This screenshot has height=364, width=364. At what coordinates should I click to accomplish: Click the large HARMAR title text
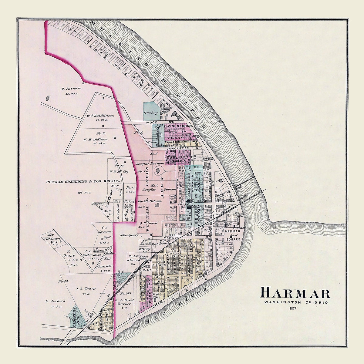[x=295, y=294]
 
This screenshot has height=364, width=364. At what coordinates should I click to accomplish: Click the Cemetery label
[x=151, y=113]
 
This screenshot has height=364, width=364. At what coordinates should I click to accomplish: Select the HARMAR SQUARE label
[x=233, y=235]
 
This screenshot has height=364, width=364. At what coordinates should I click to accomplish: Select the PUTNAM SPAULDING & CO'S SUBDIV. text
[x=83, y=182]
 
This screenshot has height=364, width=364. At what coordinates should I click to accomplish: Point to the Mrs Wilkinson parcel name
[x=55, y=234]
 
